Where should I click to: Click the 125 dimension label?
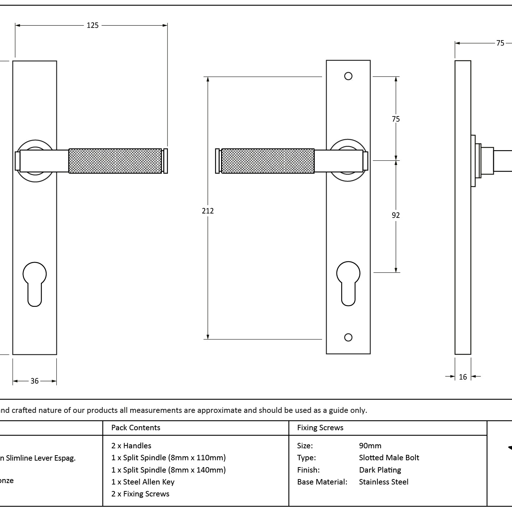coord(93,25)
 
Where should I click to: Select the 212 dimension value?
coord(208,211)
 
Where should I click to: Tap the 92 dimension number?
coord(396,215)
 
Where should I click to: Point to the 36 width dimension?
coord(34,381)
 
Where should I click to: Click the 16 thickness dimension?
coord(463,377)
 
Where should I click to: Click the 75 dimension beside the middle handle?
coord(396,119)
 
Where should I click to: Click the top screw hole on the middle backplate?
coord(348,76)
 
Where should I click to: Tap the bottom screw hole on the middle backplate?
coord(348,337)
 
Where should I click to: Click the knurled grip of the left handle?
coord(115,161)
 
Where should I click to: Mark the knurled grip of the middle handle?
coord(267,161)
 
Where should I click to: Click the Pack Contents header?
coord(136,428)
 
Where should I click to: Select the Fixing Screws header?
coord(320,428)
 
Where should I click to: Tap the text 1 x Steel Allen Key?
coord(143,482)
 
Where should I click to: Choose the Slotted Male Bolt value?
coord(389,458)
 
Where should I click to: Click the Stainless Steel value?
coord(384,482)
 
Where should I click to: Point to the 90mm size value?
coord(370,446)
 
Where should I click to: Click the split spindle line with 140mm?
coord(169,470)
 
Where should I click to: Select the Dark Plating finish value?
coord(380,470)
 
